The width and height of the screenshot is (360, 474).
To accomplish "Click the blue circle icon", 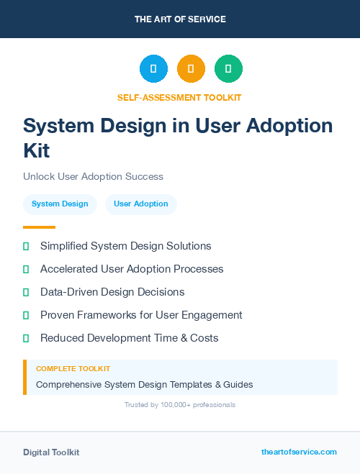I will click(x=153, y=68).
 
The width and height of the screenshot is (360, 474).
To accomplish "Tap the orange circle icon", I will click(x=191, y=68).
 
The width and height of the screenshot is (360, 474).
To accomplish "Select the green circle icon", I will click(x=228, y=68).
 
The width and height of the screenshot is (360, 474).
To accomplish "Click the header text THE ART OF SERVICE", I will click(x=180, y=19).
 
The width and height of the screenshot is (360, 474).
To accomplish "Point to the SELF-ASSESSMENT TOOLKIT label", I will click(x=179, y=97).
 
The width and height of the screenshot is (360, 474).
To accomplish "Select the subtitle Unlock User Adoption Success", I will click(x=93, y=176).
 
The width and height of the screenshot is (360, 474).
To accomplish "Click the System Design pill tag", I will click(x=60, y=204).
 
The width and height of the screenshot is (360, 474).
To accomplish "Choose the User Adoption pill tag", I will click(x=141, y=204).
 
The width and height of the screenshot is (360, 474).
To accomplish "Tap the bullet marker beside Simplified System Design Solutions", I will click(x=26, y=246).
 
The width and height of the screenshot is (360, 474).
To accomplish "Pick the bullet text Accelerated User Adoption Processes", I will click(x=132, y=269).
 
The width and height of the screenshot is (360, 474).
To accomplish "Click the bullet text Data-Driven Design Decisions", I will click(x=112, y=292).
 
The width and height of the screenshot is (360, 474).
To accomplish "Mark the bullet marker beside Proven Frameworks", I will click(x=26, y=315).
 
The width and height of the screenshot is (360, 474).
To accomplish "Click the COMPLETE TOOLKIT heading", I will click(x=73, y=368).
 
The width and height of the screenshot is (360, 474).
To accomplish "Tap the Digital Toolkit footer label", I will click(x=51, y=452).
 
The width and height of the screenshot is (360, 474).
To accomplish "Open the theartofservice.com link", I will click(x=299, y=452).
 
